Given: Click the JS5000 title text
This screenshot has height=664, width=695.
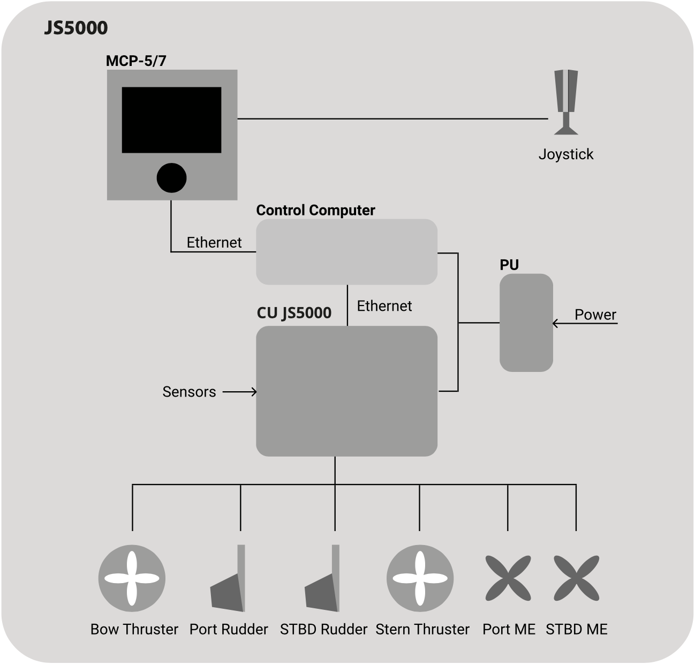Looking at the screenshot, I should [x=75, y=28].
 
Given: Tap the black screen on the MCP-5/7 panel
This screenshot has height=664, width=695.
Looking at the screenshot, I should [x=171, y=120].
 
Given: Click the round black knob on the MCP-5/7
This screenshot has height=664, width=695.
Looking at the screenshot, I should [x=171, y=178].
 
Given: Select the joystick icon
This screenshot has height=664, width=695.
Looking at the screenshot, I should [x=565, y=102].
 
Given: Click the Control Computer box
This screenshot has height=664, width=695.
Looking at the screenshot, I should [x=346, y=251].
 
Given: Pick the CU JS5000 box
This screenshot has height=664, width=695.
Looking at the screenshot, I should [x=346, y=391].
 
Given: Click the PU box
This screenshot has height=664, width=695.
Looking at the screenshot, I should [x=526, y=323].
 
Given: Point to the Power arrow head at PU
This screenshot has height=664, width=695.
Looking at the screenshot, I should [x=556, y=324].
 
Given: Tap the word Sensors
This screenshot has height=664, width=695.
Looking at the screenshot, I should [x=189, y=392].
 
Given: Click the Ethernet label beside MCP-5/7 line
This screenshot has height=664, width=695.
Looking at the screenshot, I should [x=214, y=243].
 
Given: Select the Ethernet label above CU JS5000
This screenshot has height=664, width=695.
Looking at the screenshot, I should [x=384, y=306].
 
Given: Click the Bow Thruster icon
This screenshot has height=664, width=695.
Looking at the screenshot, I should [x=132, y=578].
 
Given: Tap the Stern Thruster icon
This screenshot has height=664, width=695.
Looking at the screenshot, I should [x=420, y=578].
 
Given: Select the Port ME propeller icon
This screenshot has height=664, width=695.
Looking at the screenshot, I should [x=508, y=578].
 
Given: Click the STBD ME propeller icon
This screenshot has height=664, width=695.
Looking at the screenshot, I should [x=576, y=578].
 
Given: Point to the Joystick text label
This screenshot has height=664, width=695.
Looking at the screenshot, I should [x=565, y=154].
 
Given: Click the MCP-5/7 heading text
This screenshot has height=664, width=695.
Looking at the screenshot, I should [x=136, y=61].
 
